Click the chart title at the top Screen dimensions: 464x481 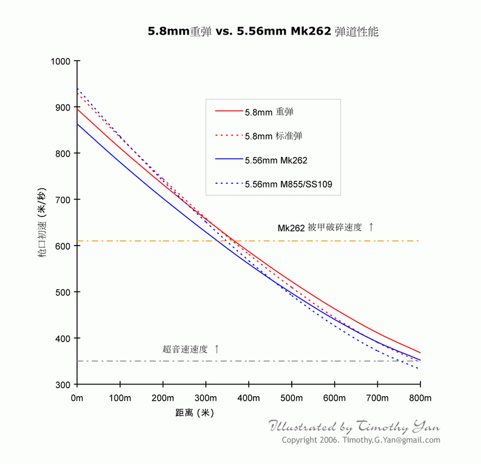coord(263,32)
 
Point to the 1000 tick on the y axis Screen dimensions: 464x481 coord(61,61)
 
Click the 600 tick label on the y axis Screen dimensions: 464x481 coord(64,246)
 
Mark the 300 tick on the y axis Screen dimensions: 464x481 coord(64,384)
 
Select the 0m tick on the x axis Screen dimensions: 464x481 coord(77,398)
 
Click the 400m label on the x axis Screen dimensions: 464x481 coord(249,398)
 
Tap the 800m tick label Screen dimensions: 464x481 coord(420,398)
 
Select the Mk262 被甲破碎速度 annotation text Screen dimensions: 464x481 coord(320,227)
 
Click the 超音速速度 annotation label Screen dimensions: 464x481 coord(185,349)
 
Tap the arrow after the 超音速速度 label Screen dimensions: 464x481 coord(217,349)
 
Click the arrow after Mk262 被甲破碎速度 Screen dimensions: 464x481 coord(371,227)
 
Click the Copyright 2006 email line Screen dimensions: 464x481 coord(361,440)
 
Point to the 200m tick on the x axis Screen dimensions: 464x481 coord(163,398)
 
